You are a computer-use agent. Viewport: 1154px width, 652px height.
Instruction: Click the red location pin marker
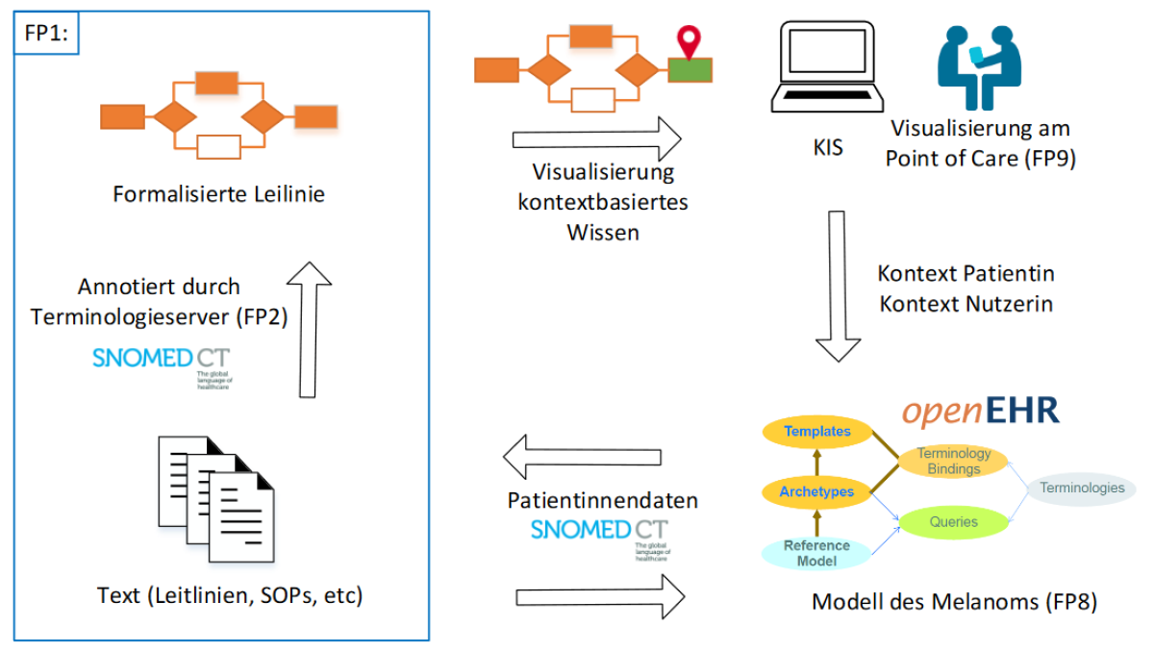(687, 42)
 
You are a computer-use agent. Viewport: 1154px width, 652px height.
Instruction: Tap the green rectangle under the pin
(690, 69)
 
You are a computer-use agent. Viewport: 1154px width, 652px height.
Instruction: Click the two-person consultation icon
(979, 66)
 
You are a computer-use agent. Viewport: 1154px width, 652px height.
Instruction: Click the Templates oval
(817, 432)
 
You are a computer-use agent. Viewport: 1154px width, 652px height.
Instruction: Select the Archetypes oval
(817, 491)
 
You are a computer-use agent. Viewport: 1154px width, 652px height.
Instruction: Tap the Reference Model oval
(816, 553)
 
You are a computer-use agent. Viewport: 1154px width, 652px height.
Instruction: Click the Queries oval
(953, 522)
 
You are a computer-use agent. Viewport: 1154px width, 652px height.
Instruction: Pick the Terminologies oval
(1081, 488)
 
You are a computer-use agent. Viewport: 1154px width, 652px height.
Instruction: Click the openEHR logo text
(980, 411)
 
